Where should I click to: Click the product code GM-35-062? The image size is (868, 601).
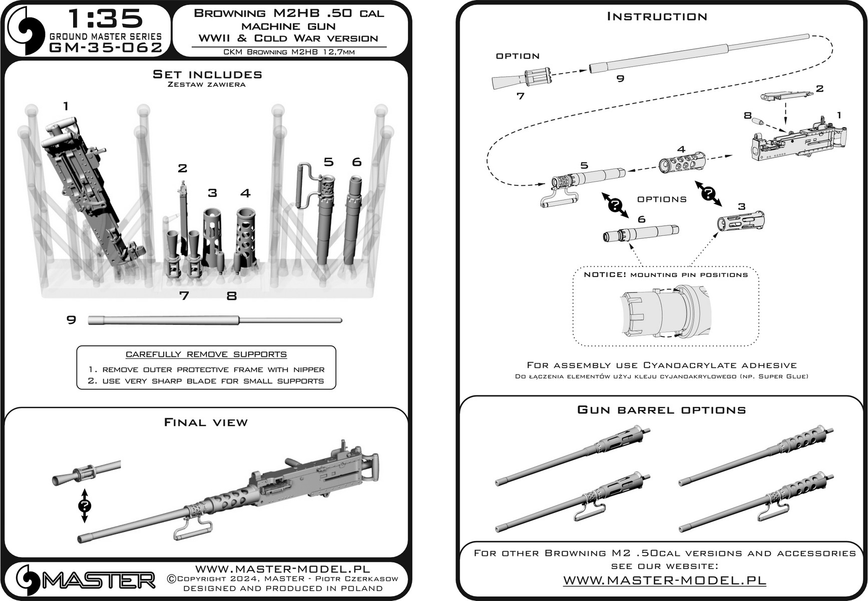(106, 48)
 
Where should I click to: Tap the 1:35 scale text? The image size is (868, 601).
(106, 19)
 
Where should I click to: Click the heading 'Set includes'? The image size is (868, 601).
(207, 75)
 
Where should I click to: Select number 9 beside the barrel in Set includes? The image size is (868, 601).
(72, 320)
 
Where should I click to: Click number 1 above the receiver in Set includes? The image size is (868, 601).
(66, 106)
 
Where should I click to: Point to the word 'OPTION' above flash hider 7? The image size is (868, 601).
(518, 56)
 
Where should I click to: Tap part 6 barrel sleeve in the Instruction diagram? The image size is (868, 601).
(641, 233)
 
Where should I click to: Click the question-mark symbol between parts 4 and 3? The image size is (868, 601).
(708, 194)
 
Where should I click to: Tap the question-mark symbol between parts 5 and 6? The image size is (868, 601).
(615, 205)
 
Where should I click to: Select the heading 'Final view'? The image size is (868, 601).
(206, 423)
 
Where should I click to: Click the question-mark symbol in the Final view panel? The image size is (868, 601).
(85, 506)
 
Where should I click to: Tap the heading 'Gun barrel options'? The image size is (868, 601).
(661, 410)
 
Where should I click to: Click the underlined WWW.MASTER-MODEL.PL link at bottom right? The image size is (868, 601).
(664, 580)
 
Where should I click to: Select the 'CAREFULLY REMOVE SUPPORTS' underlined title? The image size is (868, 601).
(206, 355)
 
